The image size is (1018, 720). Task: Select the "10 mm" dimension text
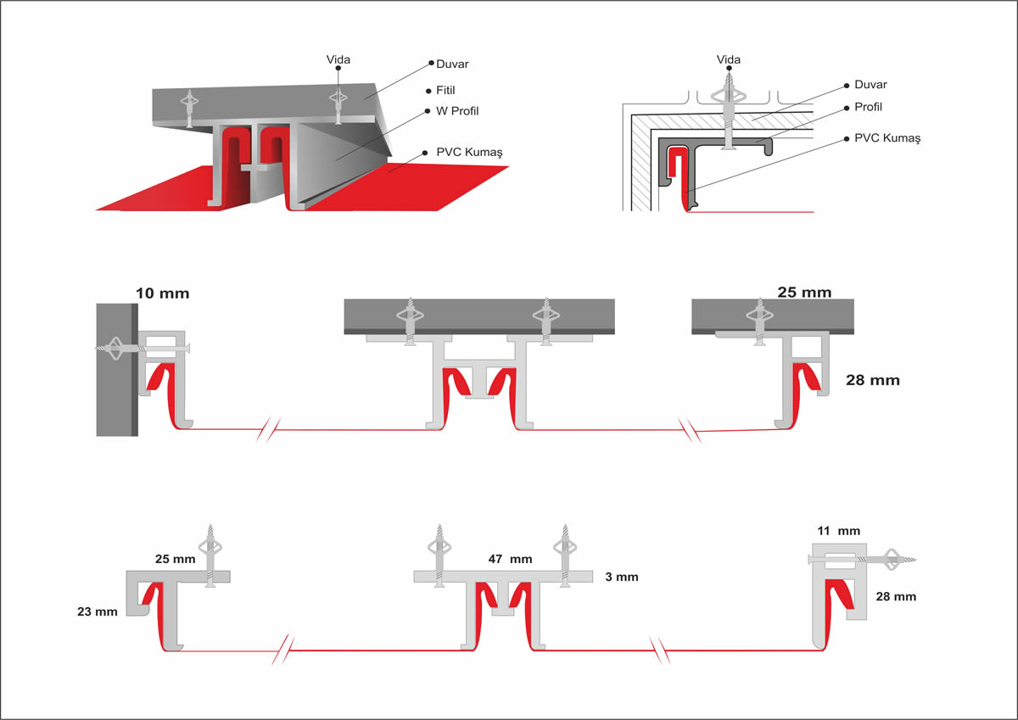(x=162, y=294)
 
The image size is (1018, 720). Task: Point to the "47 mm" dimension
(x=510, y=560)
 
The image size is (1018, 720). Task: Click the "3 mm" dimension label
(x=621, y=578)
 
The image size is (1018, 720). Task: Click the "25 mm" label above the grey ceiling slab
(x=804, y=293)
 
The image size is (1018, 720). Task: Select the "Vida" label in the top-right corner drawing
(x=728, y=59)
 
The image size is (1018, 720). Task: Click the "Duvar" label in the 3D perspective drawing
(x=452, y=64)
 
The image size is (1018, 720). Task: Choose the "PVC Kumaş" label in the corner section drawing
(x=887, y=137)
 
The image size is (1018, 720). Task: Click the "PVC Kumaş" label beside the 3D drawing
(x=469, y=152)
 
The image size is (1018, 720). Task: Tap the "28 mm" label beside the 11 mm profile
(x=895, y=596)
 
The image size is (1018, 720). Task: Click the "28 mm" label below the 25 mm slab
(x=873, y=380)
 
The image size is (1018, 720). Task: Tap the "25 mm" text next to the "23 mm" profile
(x=175, y=560)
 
